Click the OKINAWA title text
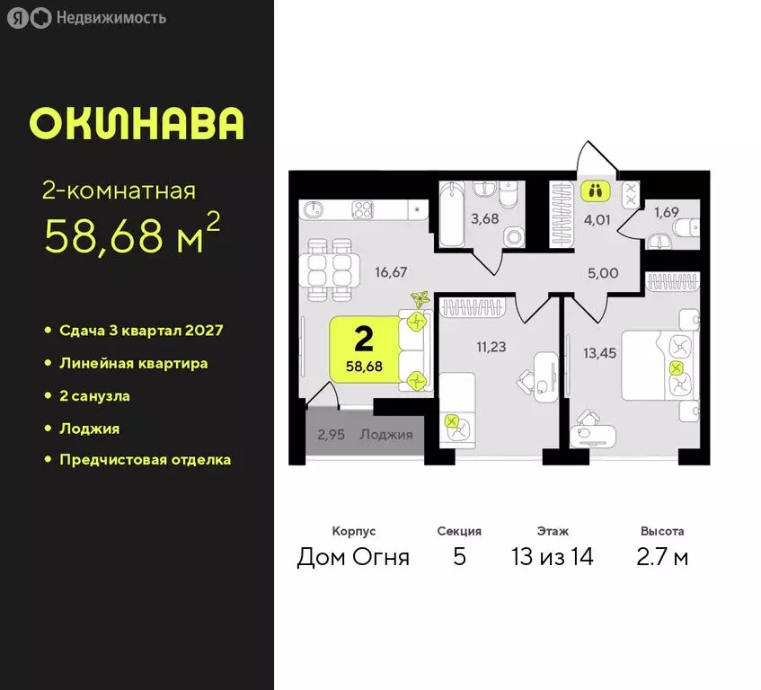pyautogui.click(x=137, y=123)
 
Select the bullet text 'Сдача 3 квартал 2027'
pyautogui.click(x=140, y=331)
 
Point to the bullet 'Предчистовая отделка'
pyautogui.click(x=145, y=460)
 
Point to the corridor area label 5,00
pyautogui.click(x=603, y=273)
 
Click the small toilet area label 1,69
pyautogui.click(x=666, y=213)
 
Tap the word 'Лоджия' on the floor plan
pyautogui.click(x=385, y=435)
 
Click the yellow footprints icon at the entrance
pyautogui.click(x=595, y=190)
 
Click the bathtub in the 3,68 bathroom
pyautogui.click(x=453, y=214)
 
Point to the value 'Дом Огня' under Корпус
pyautogui.click(x=353, y=557)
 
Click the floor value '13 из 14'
pyautogui.click(x=552, y=557)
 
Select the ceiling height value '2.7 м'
pyautogui.click(x=662, y=557)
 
